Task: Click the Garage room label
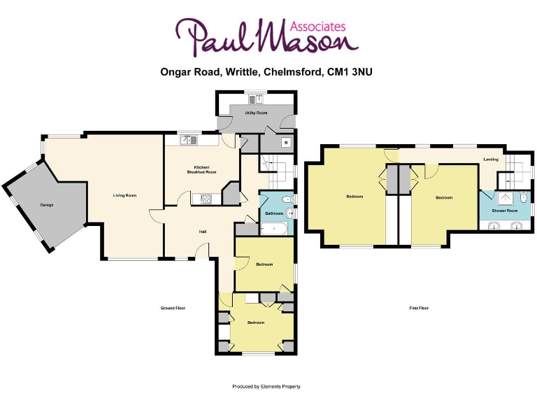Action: tap(47, 204)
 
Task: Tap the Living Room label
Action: tap(124, 195)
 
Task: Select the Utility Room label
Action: tap(256, 113)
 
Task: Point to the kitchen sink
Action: tap(188, 139)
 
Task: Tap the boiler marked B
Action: tap(285, 142)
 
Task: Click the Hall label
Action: tap(203, 231)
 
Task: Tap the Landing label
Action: tap(491, 160)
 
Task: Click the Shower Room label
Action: tap(504, 211)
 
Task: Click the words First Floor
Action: tap(419, 308)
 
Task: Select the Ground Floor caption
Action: tap(173, 308)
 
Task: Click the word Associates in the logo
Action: tap(320, 26)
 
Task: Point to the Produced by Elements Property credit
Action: tap(266, 386)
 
